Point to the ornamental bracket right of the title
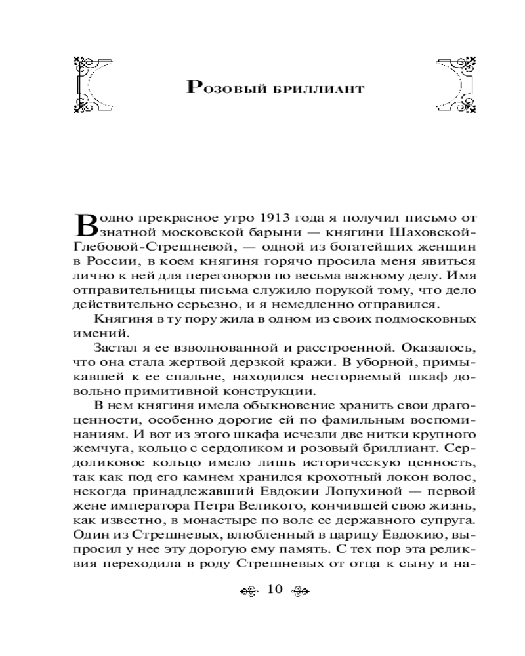click(x=456, y=85)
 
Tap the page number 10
click(x=275, y=588)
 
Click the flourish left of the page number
click(x=250, y=589)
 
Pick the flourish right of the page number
click(x=300, y=589)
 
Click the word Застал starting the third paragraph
click(x=116, y=348)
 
